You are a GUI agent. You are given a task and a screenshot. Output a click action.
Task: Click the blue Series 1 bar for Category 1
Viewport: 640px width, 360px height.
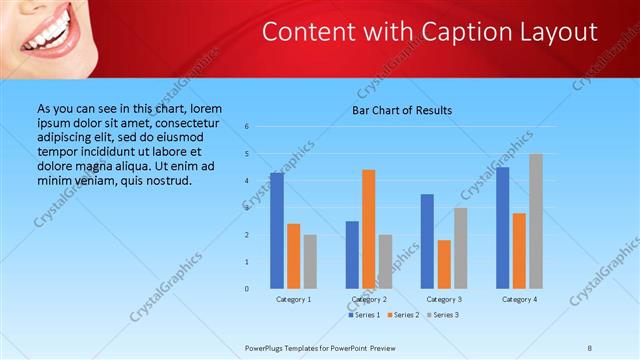(x=277, y=231)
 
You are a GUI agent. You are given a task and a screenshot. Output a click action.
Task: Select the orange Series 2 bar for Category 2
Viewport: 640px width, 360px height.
(x=369, y=229)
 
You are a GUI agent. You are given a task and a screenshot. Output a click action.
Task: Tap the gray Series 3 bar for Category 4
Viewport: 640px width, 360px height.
(x=536, y=221)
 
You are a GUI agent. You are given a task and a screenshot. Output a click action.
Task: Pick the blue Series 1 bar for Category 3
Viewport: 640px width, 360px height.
(x=427, y=241)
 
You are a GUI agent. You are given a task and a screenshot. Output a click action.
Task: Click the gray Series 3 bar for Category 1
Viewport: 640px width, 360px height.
(x=310, y=262)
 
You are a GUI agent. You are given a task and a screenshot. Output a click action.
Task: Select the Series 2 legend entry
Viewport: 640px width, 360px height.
(x=403, y=315)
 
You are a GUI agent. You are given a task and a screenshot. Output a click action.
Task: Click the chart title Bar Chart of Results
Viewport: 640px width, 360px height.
(x=402, y=110)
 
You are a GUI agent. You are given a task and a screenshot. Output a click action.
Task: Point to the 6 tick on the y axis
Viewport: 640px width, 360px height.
(x=247, y=127)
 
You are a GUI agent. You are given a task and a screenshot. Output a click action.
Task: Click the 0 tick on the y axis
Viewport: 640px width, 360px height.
(x=247, y=289)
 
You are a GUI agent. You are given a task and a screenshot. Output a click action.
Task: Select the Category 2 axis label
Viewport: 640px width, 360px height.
(x=369, y=299)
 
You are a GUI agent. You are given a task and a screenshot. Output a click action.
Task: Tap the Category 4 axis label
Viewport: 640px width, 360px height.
(x=519, y=299)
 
